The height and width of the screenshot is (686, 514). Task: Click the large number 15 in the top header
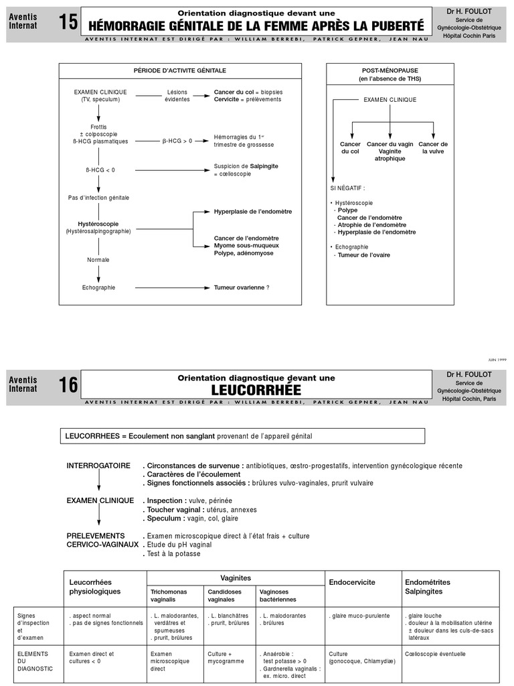click(x=68, y=23)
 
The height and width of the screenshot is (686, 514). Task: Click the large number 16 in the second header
click(x=68, y=385)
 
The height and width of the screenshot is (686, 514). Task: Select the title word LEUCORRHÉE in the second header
click(x=256, y=390)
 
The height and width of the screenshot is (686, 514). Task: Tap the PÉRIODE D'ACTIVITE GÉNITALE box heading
click(x=180, y=70)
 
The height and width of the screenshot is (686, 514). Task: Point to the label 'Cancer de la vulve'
click(x=433, y=148)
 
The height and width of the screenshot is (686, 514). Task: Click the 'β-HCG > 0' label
click(x=177, y=141)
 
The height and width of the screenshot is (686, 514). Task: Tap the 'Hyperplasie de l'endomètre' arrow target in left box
click(x=253, y=212)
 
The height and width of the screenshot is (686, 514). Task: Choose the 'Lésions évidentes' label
click(x=177, y=96)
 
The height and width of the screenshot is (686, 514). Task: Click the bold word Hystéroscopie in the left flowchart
click(x=98, y=224)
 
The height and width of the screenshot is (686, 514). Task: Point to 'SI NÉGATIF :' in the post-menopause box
click(x=348, y=188)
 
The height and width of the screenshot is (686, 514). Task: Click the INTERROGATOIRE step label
click(x=98, y=466)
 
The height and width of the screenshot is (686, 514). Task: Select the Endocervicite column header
click(x=352, y=582)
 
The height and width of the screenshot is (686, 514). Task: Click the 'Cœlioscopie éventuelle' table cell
click(x=435, y=654)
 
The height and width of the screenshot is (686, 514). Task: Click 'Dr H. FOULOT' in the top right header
click(x=469, y=11)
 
